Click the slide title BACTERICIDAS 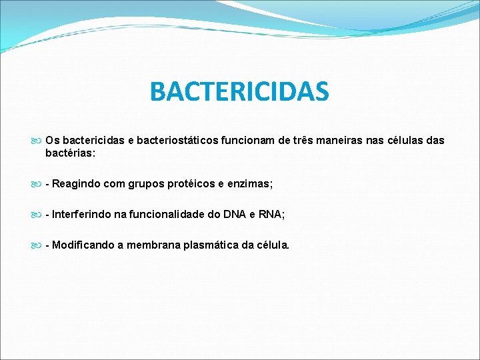coord(239,92)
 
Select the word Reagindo coord(76,183)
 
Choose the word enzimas coord(252,183)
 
